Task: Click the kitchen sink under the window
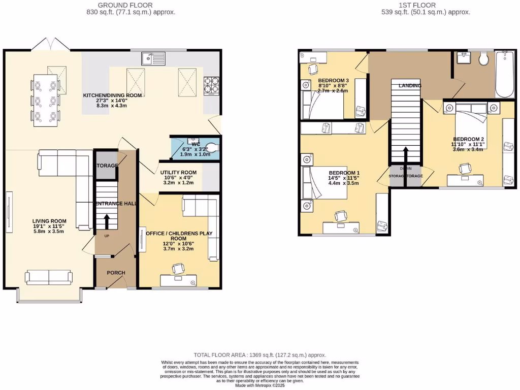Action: [x=152, y=59]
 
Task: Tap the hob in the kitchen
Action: [x=211, y=85]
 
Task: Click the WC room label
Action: [x=195, y=144]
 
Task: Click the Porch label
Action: [x=116, y=273]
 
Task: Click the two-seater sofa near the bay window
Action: [x=49, y=277]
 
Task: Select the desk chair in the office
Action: [x=178, y=269]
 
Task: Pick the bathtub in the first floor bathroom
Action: [x=504, y=75]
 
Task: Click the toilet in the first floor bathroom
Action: [x=482, y=59]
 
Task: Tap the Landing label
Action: [x=410, y=86]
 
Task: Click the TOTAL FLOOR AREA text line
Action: [x=260, y=355]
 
